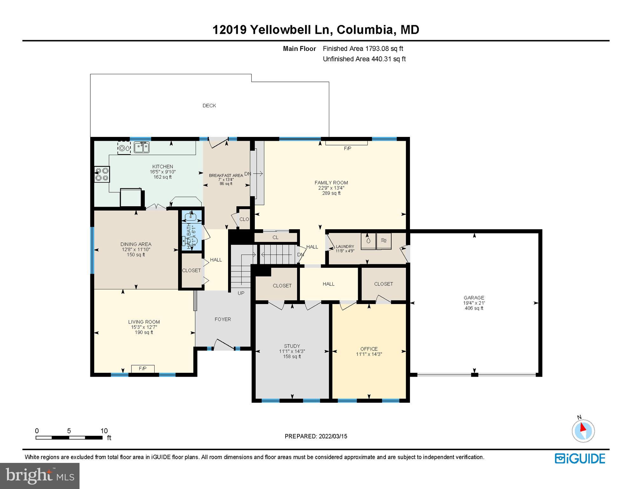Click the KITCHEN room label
click(163, 167)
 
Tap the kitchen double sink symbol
click(142, 148)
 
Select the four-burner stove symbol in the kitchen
click(102, 175)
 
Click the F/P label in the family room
click(347, 149)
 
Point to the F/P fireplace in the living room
click(143, 369)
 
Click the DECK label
click(209, 106)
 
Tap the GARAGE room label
click(474, 298)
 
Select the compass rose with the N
click(583, 431)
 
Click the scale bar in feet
click(69, 438)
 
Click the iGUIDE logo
click(580, 459)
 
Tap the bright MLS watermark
click(40, 476)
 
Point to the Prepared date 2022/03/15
click(316, 436)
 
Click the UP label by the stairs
click(241, 293)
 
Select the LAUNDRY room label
click(345, 246)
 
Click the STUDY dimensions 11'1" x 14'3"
click(292, 351)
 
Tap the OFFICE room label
click(369, 349)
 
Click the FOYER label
click(223, 319)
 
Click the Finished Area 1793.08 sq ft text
click(363, 49)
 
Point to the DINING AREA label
click(136, 244)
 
